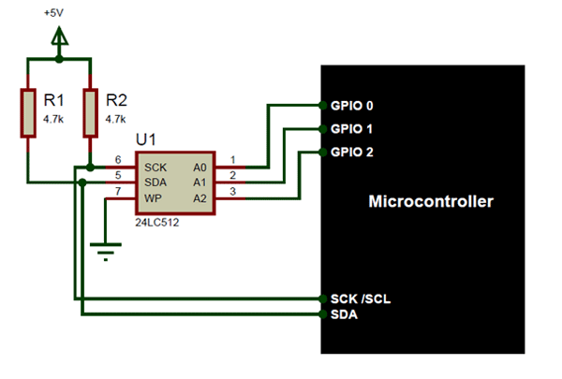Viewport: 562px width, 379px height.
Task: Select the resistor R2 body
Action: pyautogui.click(x=90, y=111)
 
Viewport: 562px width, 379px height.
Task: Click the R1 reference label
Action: pyautogui.click(x=54, y=101)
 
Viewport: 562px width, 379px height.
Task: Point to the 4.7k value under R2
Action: pyautogui.click(x=116, y=120)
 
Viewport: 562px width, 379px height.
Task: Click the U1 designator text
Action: pyautogui.click(x=147, y=139)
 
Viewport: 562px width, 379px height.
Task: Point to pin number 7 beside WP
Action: pyautogui.click(x=117, y=190)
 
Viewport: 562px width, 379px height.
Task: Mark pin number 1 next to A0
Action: pyautogui.click(x=233, y=159)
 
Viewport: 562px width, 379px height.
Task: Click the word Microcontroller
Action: pyautogui.click(x=432, y=201)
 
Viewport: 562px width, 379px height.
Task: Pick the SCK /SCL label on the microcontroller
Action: pyautogui.click(x=360, y=299)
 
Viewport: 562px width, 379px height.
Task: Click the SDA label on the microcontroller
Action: pyautogui.click(x=344, y=314)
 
